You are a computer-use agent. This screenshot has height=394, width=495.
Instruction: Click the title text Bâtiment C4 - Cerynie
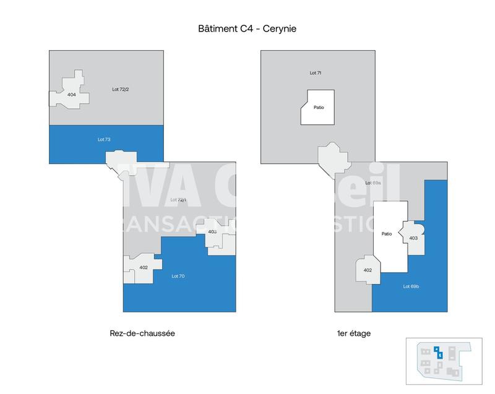[x=247, y=29]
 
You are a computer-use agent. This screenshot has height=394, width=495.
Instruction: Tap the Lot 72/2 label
[x=120, y=90]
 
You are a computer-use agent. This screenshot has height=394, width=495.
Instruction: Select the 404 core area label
[x=72, y=95]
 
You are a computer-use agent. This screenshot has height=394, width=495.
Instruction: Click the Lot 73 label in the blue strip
[x=103, y=139]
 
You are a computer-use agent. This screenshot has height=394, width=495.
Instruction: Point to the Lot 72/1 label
[x=178, y=200]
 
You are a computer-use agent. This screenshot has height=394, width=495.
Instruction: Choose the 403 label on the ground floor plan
[x=212, y=231]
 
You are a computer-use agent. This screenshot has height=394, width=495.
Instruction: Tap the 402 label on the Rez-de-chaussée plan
[x=144, y=267]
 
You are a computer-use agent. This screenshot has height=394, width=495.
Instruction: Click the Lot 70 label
[x=178, y=276]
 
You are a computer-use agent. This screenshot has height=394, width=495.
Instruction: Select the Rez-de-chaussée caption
[x=142, y=333]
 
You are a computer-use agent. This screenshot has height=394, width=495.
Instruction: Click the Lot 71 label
[x=315, y=73]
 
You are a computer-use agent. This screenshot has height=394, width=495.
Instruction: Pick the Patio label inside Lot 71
[x=319, y=108]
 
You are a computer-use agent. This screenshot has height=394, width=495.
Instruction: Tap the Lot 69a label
[x=372, y=184]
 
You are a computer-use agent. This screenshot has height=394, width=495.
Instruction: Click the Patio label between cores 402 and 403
[x=387, y=234]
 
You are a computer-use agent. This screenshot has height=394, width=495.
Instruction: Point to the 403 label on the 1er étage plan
[x=413, y=238]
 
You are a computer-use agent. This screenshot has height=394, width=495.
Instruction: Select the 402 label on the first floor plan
[x=368, y=270]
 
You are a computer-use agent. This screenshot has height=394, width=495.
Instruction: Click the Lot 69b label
[x=411, y=286]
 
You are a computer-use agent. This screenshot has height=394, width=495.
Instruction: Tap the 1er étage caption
[x=353, y=333]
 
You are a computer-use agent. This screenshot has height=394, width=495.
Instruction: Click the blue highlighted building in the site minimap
[x=438, y=353]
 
